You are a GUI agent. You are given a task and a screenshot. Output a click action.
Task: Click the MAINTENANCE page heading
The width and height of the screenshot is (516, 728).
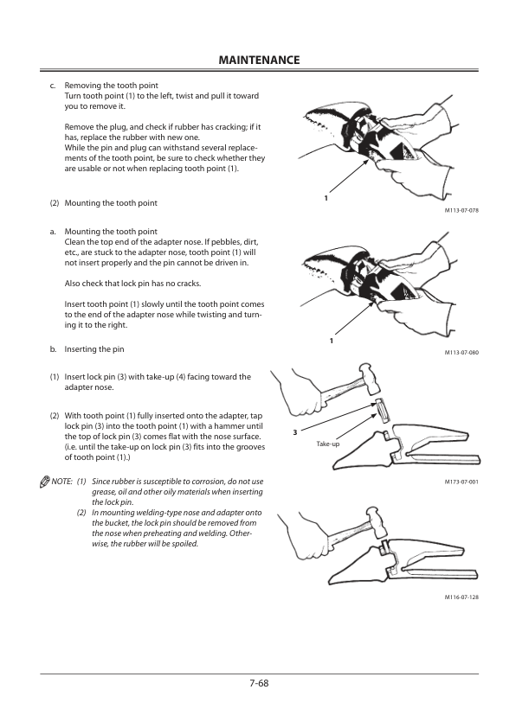[x=259, y=60]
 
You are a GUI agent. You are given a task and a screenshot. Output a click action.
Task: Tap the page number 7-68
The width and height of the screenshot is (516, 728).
[x=259, y=683]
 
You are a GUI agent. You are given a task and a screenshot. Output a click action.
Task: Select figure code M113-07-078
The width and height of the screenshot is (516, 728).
[x=461, y=210]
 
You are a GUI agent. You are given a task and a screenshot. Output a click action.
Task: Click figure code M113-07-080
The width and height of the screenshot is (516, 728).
[x=461, y=353]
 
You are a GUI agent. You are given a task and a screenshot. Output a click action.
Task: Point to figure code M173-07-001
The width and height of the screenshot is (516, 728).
[x=461, y=482]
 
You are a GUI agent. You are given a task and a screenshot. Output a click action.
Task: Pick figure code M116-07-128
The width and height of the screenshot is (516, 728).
[x=461, y=597]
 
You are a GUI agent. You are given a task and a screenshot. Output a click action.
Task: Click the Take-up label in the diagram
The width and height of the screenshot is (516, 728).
[x=328, y=444]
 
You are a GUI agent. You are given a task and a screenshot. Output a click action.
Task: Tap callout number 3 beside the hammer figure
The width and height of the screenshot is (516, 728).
[x=294, y=432]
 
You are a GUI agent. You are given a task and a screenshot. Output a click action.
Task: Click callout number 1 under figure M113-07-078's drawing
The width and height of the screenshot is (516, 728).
[x=326, y=198]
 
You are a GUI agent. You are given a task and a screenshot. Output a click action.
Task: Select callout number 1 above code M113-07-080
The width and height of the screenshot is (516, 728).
[x=332, y=341]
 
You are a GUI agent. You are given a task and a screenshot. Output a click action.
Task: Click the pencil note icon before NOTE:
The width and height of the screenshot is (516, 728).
[x=45, y=482]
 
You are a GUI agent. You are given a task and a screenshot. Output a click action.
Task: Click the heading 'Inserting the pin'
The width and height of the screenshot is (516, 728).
[x=94, y=349]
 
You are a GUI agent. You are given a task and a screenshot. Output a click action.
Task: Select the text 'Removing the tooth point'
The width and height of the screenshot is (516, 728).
[x=111, y=86]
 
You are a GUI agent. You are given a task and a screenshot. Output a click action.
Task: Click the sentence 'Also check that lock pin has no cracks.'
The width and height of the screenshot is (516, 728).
[x=132, y=284]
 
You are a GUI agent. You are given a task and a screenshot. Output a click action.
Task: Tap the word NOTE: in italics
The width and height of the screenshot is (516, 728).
[x=61, y=482]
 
